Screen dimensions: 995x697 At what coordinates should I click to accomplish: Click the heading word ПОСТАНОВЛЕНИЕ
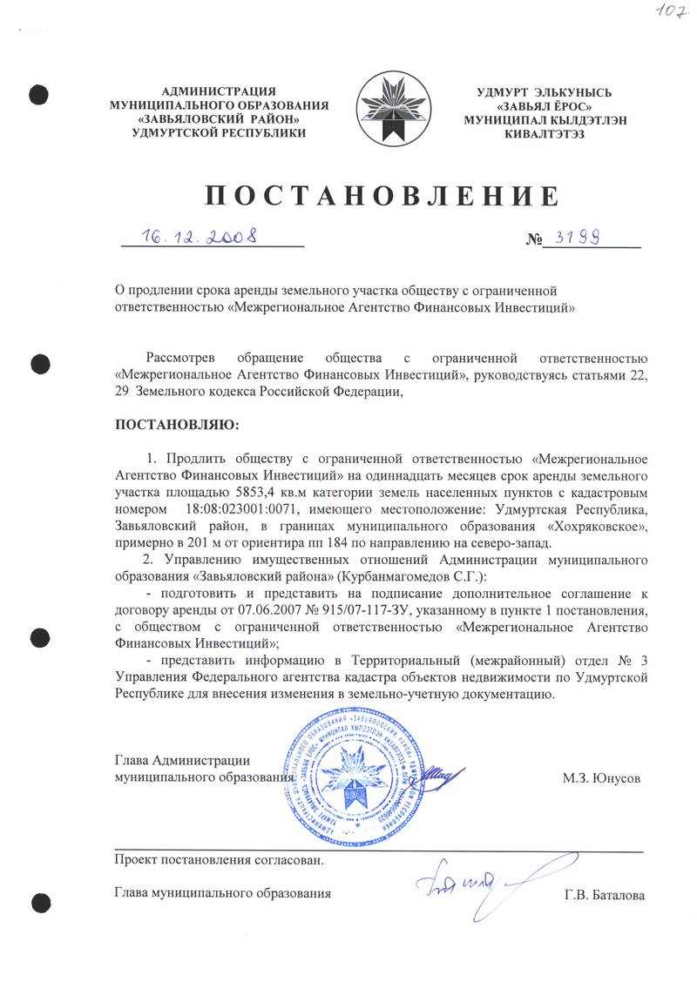tap(381, 195)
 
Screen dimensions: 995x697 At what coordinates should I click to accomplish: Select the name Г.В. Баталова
tap(605, 894)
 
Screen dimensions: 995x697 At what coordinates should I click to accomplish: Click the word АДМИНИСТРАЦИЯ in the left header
tap(219, 91)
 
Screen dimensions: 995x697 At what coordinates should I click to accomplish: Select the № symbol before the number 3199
tap(533, 239)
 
